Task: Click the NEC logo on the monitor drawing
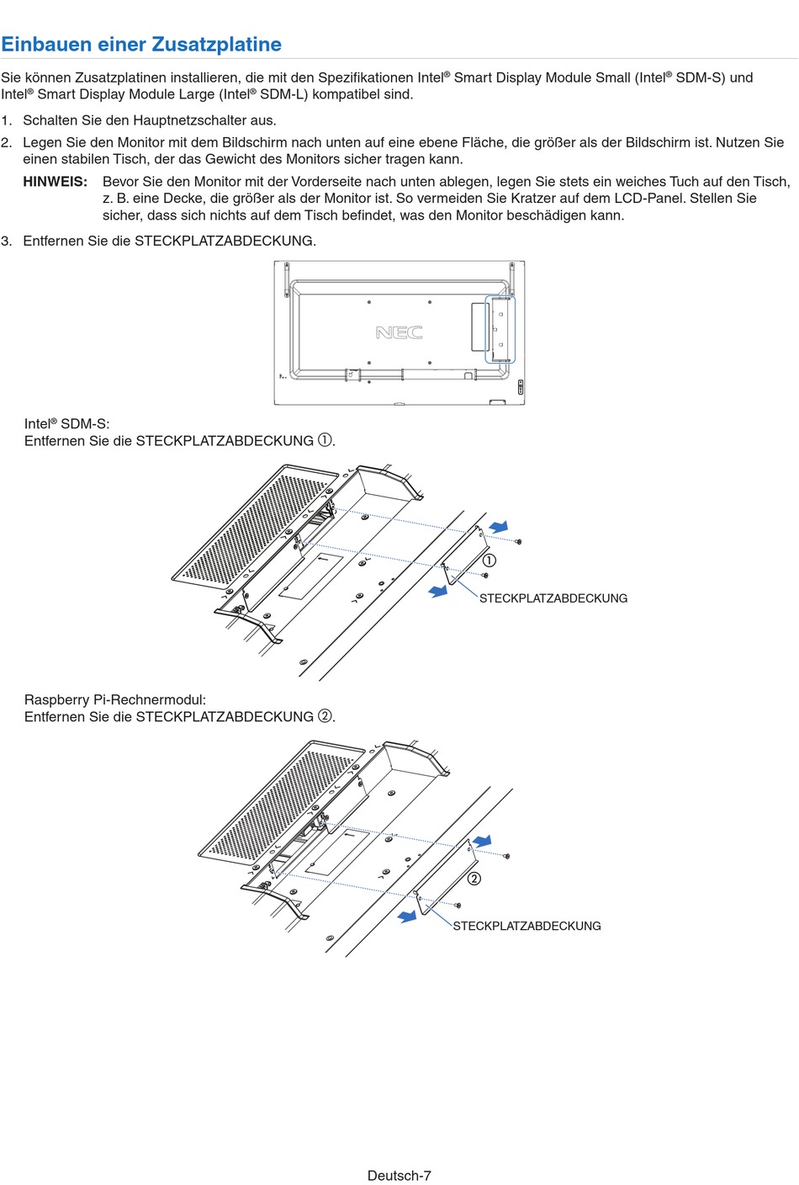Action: click(x=399, y=332)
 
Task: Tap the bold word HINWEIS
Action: click(x=55, y=182)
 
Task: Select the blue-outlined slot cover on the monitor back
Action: click(x=500, y=329)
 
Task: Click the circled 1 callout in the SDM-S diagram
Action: click(x=489, y=561)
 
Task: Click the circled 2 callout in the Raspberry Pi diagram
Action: click(x=474, y=879)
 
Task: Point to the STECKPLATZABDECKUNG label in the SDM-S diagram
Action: click(x=553, y=598)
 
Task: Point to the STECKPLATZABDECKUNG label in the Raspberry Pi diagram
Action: click(x=526, y=926)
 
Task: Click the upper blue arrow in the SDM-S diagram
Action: click(x=499, y=527)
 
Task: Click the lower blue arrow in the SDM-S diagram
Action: click(x=438, y=592)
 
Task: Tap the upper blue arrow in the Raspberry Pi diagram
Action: click(x=482, y=841)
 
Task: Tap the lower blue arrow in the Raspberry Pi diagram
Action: click(x=408, y=917)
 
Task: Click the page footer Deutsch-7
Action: click(x=399, y=1176)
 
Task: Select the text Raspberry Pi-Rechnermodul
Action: click(x=114, y=699)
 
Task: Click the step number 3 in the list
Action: click(x=7, y=241)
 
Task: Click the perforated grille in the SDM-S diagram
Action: click(x=252, y=526)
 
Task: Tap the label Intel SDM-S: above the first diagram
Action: click(x=66, y=424)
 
